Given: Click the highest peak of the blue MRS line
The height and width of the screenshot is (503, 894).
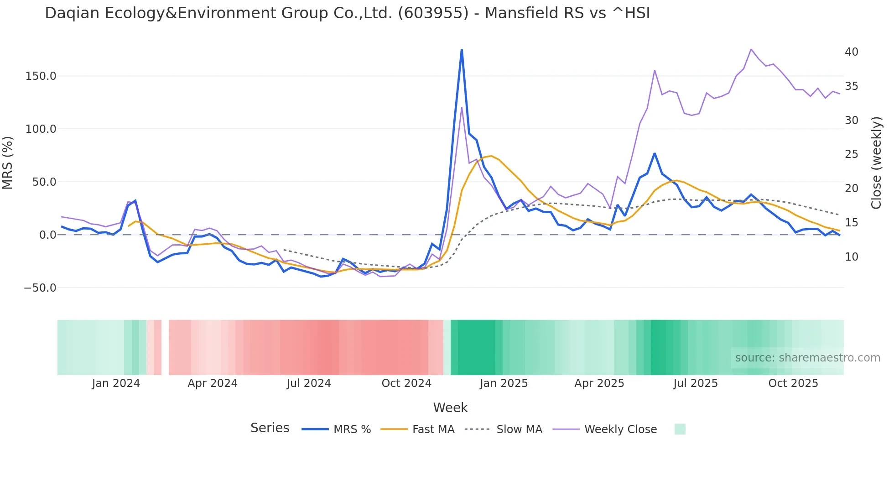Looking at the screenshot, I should [462, 50].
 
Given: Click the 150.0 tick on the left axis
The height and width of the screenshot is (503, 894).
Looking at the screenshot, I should [41, 76].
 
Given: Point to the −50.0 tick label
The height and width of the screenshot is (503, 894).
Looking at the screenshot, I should [40, 288].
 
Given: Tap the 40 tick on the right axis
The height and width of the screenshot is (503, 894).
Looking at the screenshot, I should [851, 52].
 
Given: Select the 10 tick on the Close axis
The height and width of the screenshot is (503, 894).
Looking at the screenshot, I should [851, 257].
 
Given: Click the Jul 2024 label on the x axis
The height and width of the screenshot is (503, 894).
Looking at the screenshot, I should [308, 383].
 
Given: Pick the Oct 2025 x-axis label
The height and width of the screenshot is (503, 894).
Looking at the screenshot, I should [793, 383].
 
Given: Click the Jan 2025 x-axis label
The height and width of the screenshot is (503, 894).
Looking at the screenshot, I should [503, 383].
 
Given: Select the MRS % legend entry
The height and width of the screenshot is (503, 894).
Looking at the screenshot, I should [352, 430].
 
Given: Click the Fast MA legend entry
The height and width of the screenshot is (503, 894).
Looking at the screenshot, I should [433, 430].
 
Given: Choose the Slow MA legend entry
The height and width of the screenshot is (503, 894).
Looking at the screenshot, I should [519, 430].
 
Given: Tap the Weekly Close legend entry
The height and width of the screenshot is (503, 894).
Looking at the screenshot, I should [620, 430].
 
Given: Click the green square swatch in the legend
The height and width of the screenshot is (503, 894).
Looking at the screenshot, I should [680, 429].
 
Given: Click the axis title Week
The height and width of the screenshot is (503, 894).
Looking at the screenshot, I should [450, 408].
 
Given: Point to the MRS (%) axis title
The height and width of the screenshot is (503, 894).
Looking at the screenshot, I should [8, 163].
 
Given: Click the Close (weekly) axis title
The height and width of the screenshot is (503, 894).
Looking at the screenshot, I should [876, 163].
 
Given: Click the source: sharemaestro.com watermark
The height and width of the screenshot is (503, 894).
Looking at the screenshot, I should [807, 358].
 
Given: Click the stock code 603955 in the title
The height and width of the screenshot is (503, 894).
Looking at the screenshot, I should [433, 13].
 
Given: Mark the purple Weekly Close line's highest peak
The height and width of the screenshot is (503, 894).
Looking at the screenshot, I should [751, 49].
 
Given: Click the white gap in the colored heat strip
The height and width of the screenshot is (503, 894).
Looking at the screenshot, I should [165, 347].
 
